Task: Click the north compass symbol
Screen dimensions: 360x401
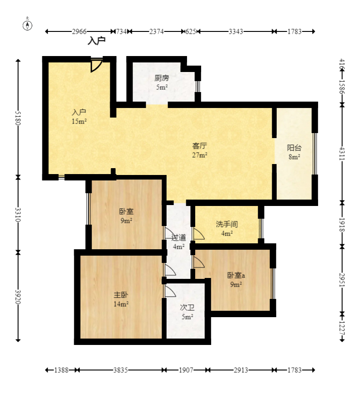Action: (x=27, y=25)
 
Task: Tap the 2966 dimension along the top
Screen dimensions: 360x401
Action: (x=79, y=31)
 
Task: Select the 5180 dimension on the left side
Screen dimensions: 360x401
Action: (x=18, y=118)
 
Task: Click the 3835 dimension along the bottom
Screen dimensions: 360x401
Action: (x=121, y=370)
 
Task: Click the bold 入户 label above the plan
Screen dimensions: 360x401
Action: (x=96, y=41)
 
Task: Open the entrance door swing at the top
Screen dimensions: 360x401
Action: (x=96, y=66)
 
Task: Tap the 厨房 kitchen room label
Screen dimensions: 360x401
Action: (x=162, y=78)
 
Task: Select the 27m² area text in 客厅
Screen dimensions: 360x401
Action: (x=199, y=155)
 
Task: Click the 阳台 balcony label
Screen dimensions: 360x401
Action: (x=294, y=148)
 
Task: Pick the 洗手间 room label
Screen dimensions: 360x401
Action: (x=227, y=224)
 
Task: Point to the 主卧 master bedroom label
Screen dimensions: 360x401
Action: (x=121, y=295)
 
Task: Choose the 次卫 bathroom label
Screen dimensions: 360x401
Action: (x=187, y=308)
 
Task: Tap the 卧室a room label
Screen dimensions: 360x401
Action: (x=236, y=275)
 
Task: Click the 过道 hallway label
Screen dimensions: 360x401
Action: (x=178, y=237)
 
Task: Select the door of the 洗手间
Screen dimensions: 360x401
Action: (x=199, y=234)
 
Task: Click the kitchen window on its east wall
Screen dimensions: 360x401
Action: (x=198, y=87)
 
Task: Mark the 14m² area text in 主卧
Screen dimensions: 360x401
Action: (x=121, y=304)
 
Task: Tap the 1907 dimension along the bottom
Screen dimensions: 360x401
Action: (x=186, y=370)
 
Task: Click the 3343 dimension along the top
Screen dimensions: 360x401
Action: (x=236, y=31)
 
